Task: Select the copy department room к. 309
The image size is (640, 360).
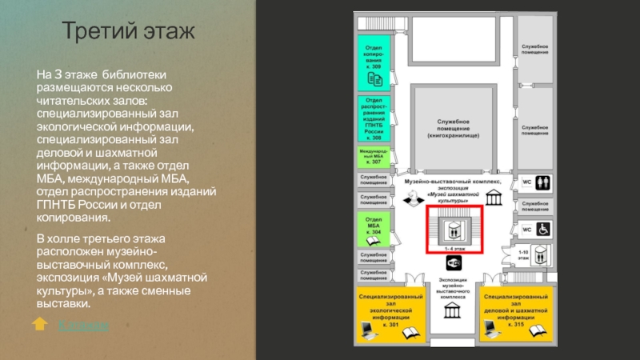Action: coord(374,62)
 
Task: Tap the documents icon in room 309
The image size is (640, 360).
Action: coord(374,78)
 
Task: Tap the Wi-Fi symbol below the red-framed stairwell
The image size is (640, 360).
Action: coord(454,263)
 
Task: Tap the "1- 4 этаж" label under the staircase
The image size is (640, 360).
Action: coord(454,250)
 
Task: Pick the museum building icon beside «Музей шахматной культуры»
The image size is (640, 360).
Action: coord(494,197)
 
